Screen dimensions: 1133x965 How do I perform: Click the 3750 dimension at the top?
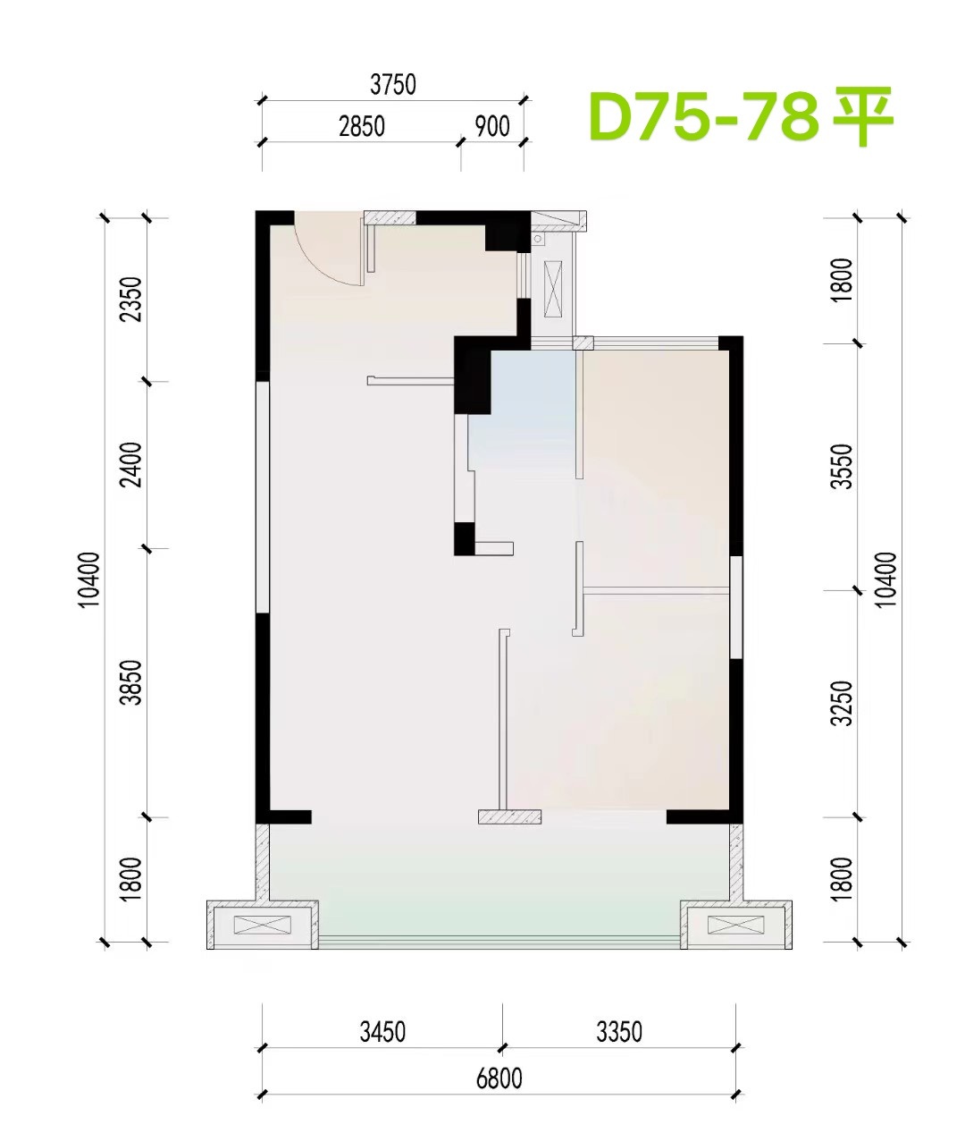(393, 84)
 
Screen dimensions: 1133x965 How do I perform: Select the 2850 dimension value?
(362, 126)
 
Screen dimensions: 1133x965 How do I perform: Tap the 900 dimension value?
(492, 126)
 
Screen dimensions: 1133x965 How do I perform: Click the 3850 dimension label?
(130, 682)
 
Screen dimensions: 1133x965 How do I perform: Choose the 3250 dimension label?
(842, 703)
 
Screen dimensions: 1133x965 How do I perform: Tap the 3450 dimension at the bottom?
(382, 1032)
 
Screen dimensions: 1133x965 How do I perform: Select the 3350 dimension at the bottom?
(619, 1032)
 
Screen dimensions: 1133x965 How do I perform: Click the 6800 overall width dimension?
(499, 1078)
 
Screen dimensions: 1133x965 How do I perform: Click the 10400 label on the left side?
(88, 579)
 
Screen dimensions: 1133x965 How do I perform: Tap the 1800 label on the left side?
(130, 878)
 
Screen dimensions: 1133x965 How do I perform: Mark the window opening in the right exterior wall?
(736, 607)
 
